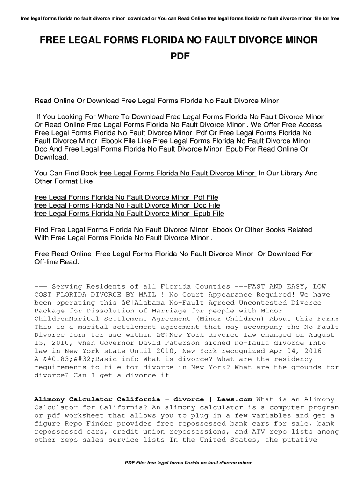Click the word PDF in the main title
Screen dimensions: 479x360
(180, 57)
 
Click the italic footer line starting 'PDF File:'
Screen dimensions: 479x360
(188, 463)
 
